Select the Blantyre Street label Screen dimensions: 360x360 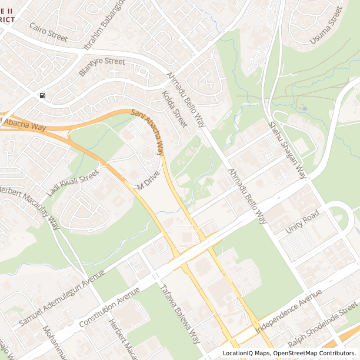coord(102,67)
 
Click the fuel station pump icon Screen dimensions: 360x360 coord(42,95)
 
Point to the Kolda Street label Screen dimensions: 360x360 coord(174,109)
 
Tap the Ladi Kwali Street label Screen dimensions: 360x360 coord(72,182)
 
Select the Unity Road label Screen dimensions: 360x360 coord(302,221)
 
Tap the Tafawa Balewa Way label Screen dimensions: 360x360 coord(181,314)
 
